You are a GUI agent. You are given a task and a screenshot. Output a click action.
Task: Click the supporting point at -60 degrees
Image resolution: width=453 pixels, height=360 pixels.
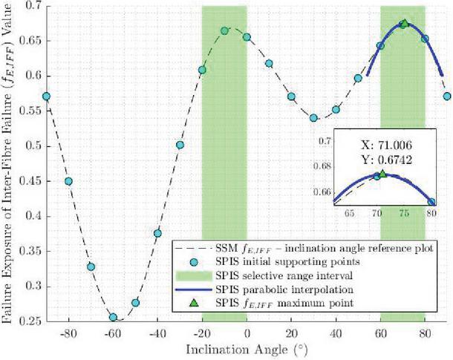(113, 317)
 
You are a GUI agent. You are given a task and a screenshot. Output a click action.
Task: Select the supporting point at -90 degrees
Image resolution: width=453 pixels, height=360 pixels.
(46, 96)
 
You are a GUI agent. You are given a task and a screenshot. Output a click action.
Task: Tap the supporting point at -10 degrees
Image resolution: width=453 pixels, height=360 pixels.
(224, 31)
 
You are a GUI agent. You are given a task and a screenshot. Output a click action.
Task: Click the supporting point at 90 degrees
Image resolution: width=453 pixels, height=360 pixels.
(447, 96)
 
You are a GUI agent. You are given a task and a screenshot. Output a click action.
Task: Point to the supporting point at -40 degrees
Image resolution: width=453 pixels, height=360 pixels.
(157, 233)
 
